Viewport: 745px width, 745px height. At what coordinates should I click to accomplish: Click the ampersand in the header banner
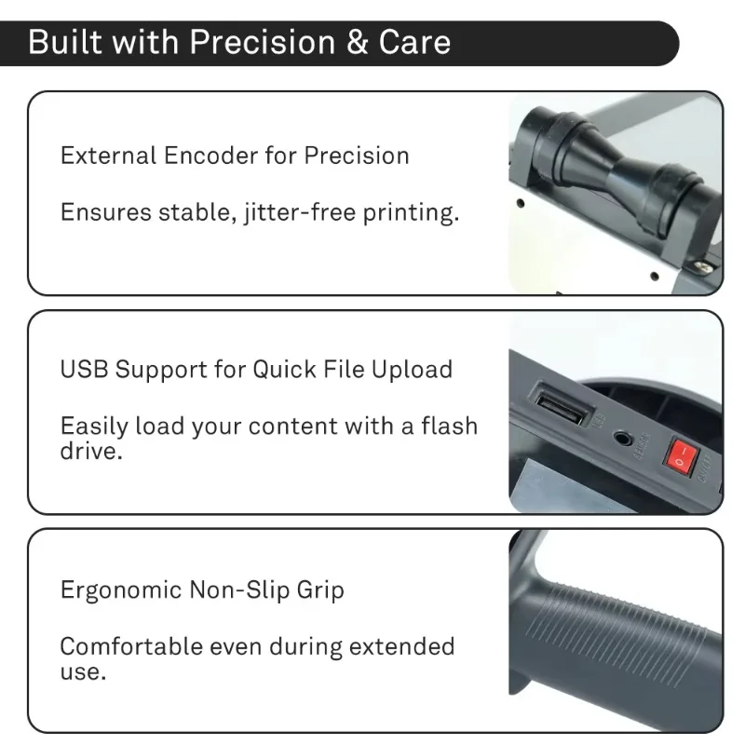tap(358, 42)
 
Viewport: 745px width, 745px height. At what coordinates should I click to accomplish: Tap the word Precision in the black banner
tap(263, 42)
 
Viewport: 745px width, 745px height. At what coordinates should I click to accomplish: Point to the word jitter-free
tap(300, 212)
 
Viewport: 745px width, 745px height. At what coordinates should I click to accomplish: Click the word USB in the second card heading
tap(84, 369)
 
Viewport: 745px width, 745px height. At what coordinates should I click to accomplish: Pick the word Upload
tap(412, 369)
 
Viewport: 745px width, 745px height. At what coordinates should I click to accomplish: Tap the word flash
tap(450, 426)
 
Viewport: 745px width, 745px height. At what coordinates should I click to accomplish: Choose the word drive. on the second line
tap(91, 451)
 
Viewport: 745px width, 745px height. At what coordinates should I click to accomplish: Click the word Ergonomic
tap(121, 590)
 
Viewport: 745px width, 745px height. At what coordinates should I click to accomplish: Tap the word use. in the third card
tap(83, 672)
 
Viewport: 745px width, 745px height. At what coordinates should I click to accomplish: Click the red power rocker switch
tap(681, 455)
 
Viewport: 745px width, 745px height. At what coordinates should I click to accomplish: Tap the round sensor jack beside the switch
tap(622, 438)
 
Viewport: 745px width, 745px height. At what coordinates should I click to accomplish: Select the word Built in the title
tap(65, 42)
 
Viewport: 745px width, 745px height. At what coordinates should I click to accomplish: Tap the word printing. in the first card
tap(411, 212)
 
